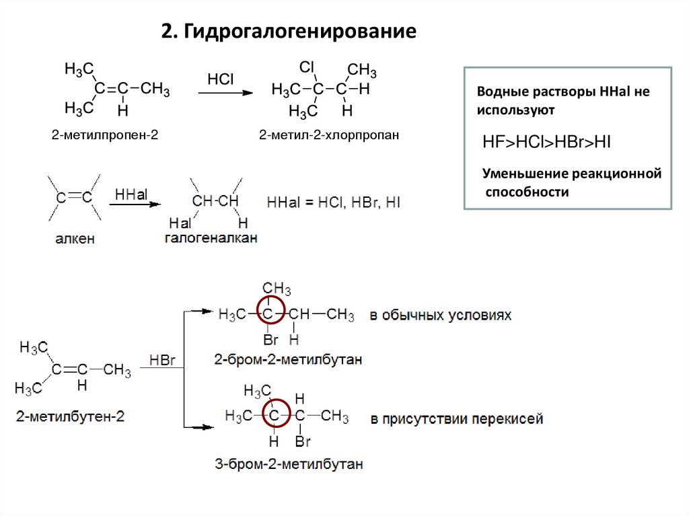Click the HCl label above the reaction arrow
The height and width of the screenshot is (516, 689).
(x=220, y=79)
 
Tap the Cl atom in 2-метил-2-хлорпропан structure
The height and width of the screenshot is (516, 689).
(x=307, y=67)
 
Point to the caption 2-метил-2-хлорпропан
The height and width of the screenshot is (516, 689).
(x=330, y=135)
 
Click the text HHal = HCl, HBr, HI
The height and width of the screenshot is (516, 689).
(x=334, y=202)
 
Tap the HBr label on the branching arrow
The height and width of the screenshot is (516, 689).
(x=162, y=361)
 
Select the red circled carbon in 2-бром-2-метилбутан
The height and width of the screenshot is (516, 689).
(x=268, y=314)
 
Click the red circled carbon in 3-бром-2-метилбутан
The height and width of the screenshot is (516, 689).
(x=273, y=416)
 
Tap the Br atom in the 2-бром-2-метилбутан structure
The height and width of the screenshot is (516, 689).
(x=270, y=340)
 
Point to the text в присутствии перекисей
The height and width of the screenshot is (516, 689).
(x=456, y=419)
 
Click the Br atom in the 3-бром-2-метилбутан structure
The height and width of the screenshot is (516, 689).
(x=303, y=442)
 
